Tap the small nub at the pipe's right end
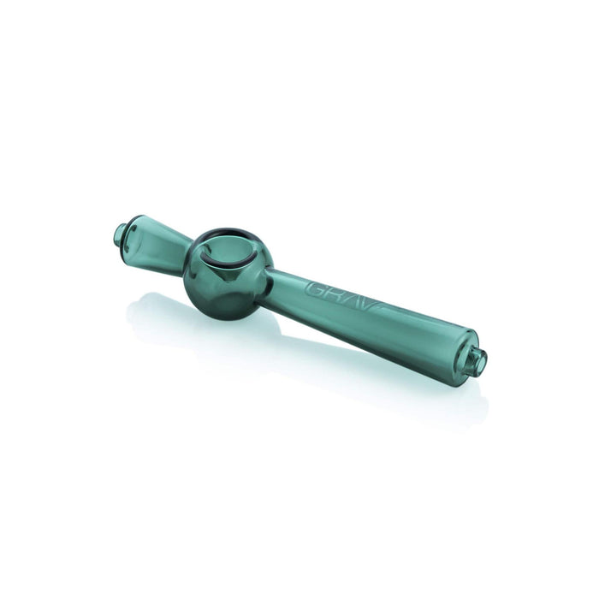(478, 359)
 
